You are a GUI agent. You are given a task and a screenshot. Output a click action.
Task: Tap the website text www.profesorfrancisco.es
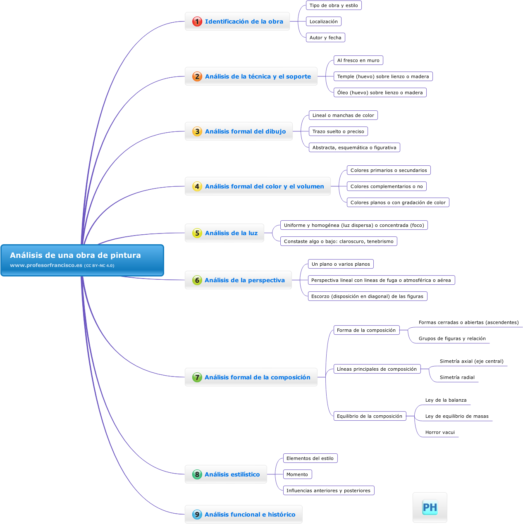click(46, 265)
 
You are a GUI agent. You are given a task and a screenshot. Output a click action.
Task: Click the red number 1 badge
click(197, 21)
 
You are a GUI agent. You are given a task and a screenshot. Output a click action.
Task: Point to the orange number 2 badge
click(197, 76)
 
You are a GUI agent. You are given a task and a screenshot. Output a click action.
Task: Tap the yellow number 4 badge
click(197, 186)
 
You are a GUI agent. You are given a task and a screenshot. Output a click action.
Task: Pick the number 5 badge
click(197, 233)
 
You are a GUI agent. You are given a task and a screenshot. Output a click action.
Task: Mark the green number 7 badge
click(197, 377)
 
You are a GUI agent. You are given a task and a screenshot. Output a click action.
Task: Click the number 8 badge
click(197, 474)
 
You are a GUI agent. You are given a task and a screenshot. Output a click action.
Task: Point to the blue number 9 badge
click(197, 514)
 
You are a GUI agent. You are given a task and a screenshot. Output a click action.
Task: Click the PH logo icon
click(430, 507)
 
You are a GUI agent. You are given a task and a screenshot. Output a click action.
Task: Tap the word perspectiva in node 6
click(266, 280)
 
